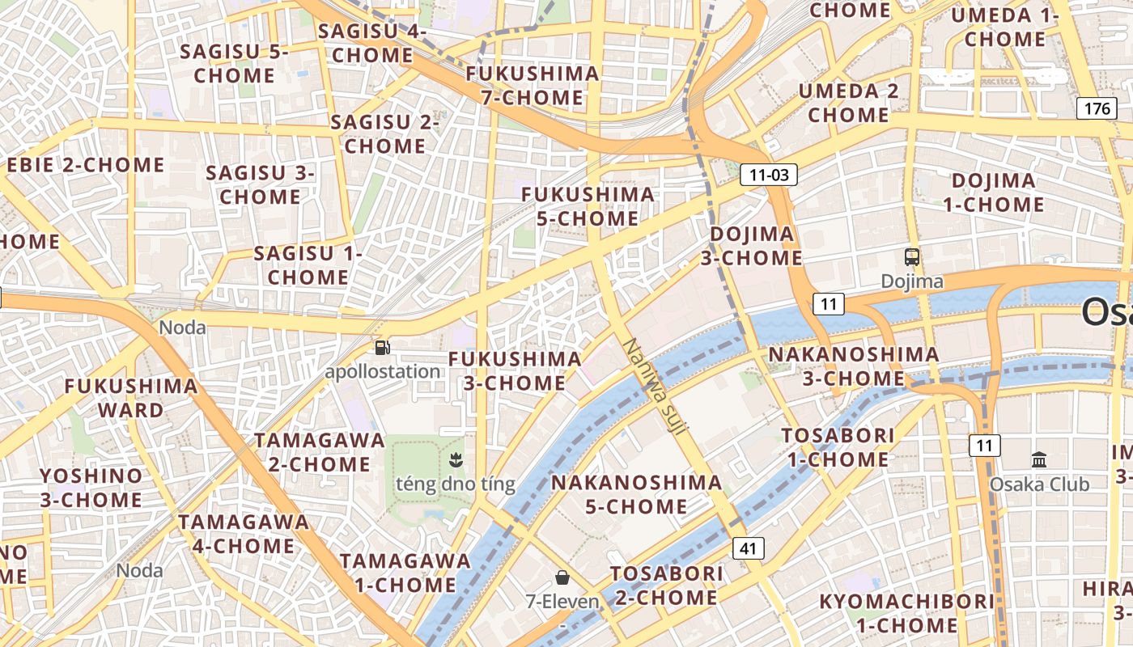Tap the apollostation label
click(x=383, y=372)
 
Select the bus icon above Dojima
click(x=912, y=258)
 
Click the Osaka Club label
click(x=1040, y=484)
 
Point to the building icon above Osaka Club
click(x=1040, y=460)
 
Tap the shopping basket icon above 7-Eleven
click(x=562, y=577)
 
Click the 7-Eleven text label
click(x=562, y=602)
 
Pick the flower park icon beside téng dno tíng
click(x=455, y=461)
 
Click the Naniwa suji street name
click(x=655, y=387)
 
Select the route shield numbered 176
click(x=1097, y=108)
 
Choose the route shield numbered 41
click(x=748, y=548)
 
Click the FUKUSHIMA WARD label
click(x=131, y=398)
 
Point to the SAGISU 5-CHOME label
click(x=235, y=63)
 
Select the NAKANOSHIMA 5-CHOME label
click(x=636, y=494)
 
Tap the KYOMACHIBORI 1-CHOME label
click(x=907, y=613)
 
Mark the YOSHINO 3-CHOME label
click(x=91, y=488)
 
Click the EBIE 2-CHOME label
click(x=86, y=165)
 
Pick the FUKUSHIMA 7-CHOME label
click(x=533, y=86)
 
